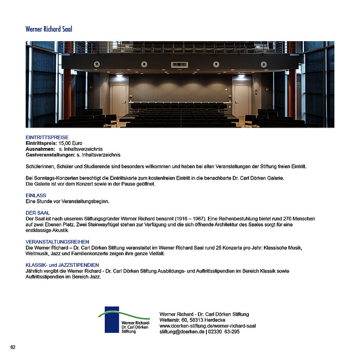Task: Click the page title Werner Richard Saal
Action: click(49, 29)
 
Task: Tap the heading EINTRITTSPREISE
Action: click(47, 138)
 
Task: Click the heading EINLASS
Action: click(36, 196)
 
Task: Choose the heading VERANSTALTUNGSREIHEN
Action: click(57, 242)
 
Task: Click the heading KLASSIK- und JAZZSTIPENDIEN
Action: click(62, 265)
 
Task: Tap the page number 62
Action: click(13, 347)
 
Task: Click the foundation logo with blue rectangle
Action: click(124, 320)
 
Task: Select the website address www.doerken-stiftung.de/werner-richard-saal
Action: click(208, 326)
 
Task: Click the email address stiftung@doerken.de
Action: click(182, 332)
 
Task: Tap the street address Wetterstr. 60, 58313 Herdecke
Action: click(192, 320)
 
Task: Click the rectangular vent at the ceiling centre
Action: click(179, 64)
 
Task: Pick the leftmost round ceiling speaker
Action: click(96, 64)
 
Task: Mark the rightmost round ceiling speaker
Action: click(264, 64)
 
